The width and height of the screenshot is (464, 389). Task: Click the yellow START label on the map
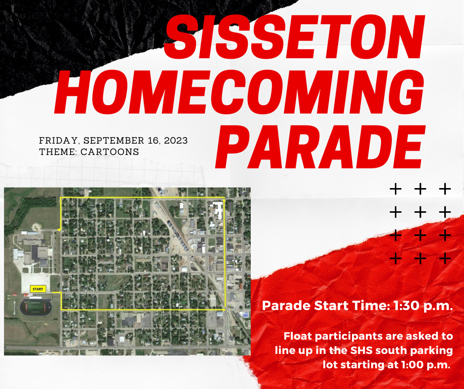(38, 289)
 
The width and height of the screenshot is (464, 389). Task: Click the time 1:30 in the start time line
(407, 306)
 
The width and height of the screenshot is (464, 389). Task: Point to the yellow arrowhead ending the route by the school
(59, 230)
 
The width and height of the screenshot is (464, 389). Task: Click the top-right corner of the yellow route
(225, 198)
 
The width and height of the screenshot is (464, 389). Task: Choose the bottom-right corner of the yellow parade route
(225, 310)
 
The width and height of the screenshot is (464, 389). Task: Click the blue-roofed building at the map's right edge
(243, 314)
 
